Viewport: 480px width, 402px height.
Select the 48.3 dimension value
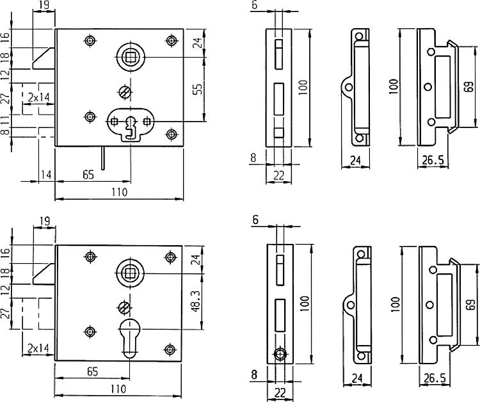(198, 298)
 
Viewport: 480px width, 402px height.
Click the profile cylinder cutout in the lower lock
(131, 336)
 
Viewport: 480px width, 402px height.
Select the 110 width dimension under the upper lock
(120, 191)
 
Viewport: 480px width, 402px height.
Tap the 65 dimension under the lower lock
(92, 370)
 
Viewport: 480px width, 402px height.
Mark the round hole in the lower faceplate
(279, 354)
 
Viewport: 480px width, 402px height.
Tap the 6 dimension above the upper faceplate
(254, 5)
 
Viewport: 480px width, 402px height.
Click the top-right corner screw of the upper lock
(171, 41)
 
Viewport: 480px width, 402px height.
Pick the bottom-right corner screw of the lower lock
(170, 349)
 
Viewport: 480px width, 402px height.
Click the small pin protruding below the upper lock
(102, 156)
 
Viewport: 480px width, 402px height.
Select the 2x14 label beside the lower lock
(39, 349)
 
